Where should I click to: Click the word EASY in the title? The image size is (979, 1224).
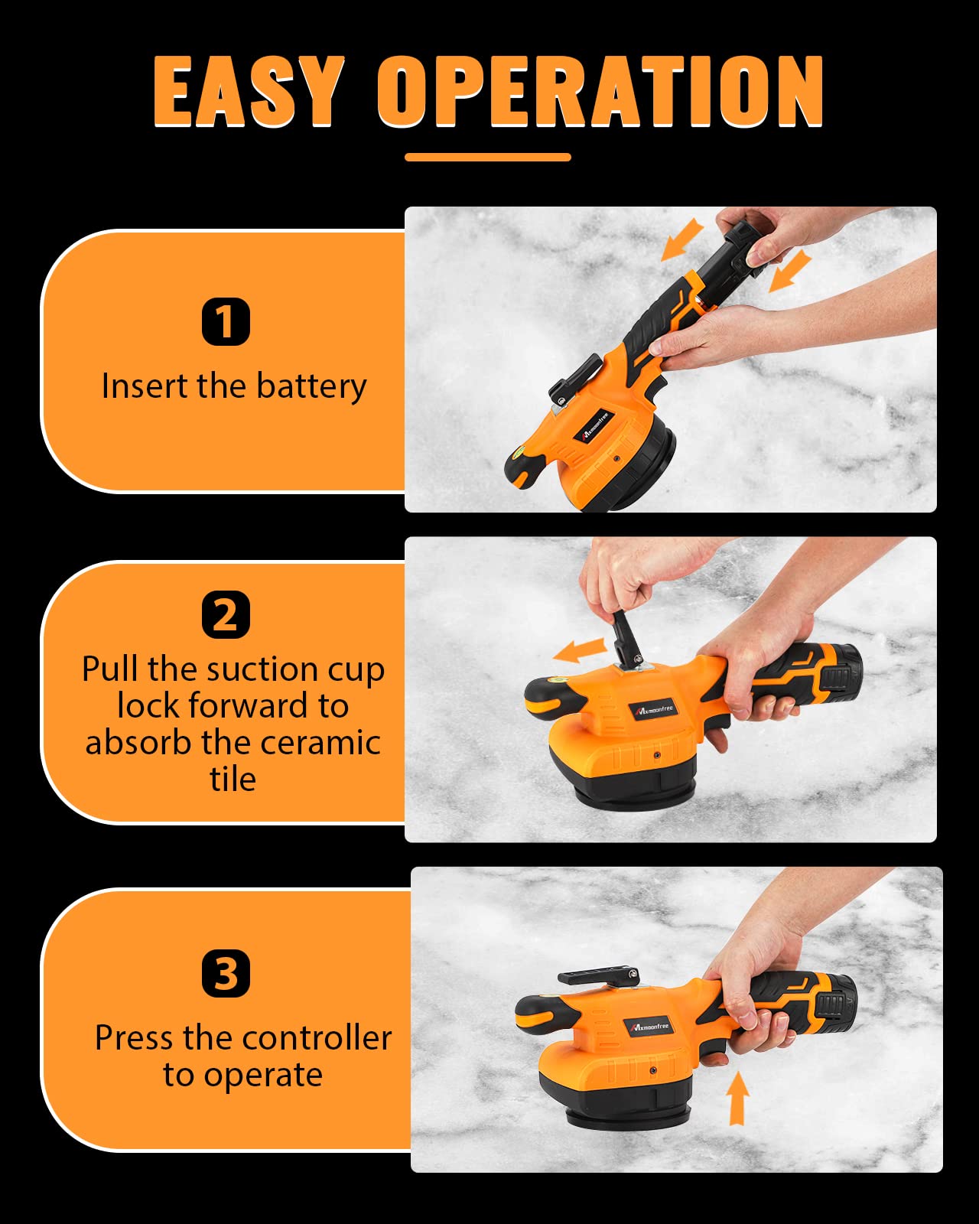(248, 92)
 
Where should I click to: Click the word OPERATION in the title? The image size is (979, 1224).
(600, 92)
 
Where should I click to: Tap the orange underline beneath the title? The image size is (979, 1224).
(488, 157)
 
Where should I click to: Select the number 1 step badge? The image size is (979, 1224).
(226, 321)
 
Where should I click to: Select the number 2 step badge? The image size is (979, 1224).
(226, 614)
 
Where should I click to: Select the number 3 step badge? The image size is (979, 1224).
(226, 973)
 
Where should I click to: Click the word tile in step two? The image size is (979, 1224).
(233, 780)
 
